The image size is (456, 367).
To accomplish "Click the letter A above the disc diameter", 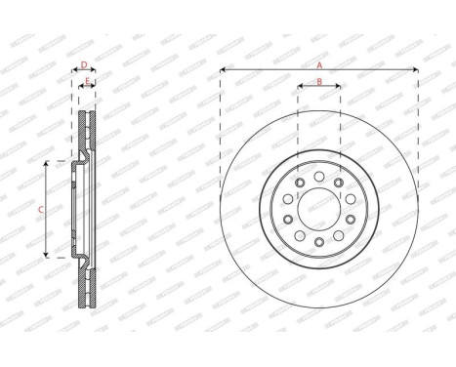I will coord(318,63).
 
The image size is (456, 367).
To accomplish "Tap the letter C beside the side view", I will coord(40,209).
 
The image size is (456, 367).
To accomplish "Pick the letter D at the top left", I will coord(84,65).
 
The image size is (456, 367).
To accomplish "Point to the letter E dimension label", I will coord(87,83).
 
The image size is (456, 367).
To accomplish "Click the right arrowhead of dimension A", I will coord(416,69).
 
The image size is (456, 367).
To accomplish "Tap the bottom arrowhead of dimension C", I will coord(48,256).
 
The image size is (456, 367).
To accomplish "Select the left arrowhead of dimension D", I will coord(75,72).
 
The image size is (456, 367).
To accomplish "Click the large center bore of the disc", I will coord(318,208).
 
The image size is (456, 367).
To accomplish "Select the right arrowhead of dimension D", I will coord(95,72).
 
